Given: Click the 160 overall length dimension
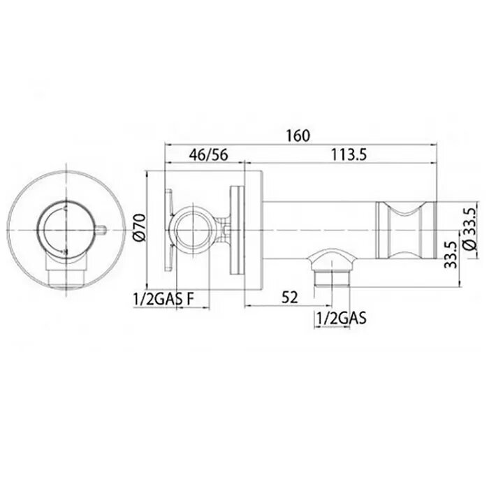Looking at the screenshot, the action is pyautogui.click(x=298, y=136).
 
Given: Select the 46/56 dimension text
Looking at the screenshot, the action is pyautogui.click(x=209, y=155).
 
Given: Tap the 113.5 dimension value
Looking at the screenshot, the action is pyautogui.click(x=349, y=155).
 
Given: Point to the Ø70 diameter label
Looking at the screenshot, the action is pyautogui.click(x=139, y=227).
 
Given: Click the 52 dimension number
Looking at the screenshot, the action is pyautogui.click(x=290, y=298).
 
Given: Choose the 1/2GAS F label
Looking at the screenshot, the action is pyautogui.click(x=163, y=300).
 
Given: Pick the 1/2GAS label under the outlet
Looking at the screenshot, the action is pyautogui.click(x=341, y=319).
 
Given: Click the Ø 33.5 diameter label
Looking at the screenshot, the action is pyautogui.click(x=472, y=228).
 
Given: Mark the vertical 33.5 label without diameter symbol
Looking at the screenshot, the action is pyautogui.click(x=451, y=255).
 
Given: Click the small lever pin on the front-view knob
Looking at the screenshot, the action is pyautogui.click(x=102, y=230).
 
